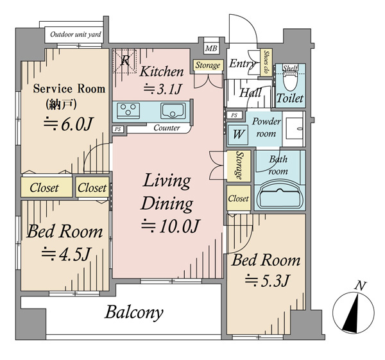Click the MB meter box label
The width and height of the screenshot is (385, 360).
[211, 48]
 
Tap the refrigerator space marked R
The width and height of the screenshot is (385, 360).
[124, 61]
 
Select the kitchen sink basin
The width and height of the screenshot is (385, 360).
[173, 111]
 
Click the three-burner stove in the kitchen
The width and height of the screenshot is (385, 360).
[128, 110]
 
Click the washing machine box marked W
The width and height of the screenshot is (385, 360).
[237, 135]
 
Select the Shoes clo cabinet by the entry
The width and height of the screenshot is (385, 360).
[266, 62]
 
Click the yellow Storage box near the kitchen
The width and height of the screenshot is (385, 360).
[208, 65]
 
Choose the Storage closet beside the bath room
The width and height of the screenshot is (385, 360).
[239, 166]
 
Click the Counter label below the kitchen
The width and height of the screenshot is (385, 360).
[167, 128]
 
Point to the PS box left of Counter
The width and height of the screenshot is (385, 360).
[118, 129]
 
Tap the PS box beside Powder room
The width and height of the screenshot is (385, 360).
[234, 115]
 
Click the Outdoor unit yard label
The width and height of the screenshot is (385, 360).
[76, 35]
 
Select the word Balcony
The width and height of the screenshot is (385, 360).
[134, 313]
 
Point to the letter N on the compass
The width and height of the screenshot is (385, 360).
[361, 286]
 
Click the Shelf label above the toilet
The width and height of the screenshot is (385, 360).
[290, 68]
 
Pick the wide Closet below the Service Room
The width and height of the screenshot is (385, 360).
[46, 187]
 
